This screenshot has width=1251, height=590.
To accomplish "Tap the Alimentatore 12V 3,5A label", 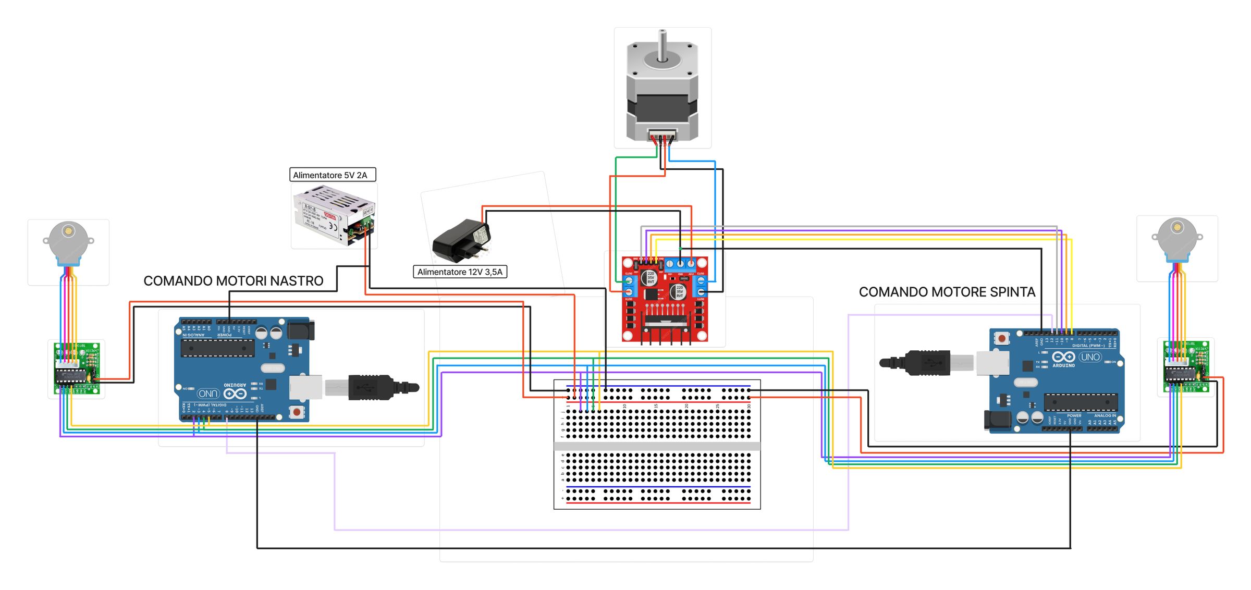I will click(460, 272).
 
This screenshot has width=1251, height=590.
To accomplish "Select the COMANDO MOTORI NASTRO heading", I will click(233, 281).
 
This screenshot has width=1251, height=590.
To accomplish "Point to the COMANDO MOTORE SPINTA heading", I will click(947, 292).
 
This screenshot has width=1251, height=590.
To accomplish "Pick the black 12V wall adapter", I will click(461, 241).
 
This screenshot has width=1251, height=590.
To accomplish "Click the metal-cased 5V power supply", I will click(333, 215).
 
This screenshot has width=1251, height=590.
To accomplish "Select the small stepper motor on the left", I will click(68, 242).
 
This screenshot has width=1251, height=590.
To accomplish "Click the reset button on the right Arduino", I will click(1001, 339).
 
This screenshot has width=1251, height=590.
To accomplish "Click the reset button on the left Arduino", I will click(296, 412).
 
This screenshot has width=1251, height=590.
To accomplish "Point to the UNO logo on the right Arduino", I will click(1090, 357).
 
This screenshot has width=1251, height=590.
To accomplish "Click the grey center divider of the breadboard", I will click(657, 446).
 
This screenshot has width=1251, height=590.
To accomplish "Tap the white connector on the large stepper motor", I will click(663, 134).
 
